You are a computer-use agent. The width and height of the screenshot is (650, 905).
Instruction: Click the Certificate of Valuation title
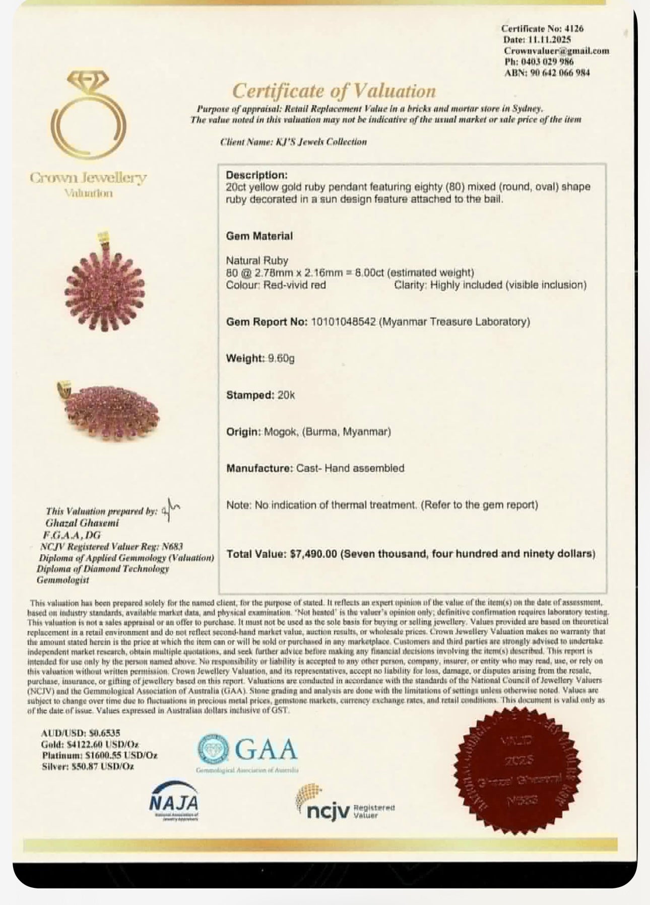point(334,91)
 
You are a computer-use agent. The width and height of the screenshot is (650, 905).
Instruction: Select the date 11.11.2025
point(554,40)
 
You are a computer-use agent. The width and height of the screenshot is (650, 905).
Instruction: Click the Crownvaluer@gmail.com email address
point(556,51)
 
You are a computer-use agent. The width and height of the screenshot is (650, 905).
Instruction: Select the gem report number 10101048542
point(341,321)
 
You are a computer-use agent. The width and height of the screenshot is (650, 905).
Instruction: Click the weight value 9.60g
point(281,358)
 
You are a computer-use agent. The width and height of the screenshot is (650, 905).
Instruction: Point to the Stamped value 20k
point(286,395)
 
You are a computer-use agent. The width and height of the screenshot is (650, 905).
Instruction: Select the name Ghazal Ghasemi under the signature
point(82,523)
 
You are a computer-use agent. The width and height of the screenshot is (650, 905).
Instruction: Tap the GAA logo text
point(266,750)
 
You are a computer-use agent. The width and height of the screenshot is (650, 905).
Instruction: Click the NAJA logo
point(174,801)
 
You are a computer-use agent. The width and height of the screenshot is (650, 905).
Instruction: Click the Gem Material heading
point(259,236)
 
